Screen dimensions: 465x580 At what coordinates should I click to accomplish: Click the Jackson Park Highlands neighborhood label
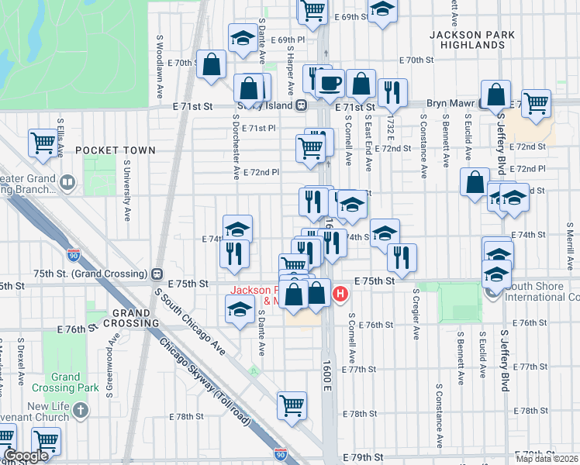[x=467, y=40]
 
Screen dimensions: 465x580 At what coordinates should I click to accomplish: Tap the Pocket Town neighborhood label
[x=105, y=149]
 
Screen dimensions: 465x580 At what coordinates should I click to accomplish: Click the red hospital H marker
[x=340, y=294]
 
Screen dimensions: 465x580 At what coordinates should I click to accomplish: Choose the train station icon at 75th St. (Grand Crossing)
[x=157, y=274]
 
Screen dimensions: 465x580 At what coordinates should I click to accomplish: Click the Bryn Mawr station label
[x=453, y=103]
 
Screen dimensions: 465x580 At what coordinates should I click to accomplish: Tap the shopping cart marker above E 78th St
[x=292, y=405]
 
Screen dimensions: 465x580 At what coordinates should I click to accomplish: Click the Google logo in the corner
[x=26, y=456]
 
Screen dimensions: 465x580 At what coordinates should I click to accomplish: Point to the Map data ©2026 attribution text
[x=547, y=457]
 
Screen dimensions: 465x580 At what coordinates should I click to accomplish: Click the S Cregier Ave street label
[x=416, y=315]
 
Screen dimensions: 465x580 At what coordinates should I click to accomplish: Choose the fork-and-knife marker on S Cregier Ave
[x=402, y=257]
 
